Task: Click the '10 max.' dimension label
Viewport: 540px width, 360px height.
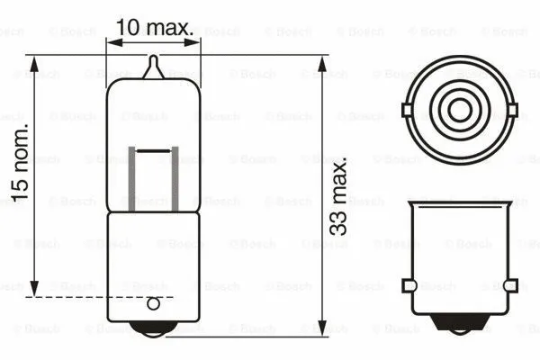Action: point(155,27)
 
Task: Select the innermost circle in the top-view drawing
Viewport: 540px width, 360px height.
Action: point(460,111)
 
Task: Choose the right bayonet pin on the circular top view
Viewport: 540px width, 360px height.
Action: point(514,111)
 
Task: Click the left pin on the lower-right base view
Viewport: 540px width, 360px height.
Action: point(408,286)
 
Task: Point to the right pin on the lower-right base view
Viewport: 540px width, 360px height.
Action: point(511,286)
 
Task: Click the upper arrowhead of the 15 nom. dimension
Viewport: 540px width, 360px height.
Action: point(34,62)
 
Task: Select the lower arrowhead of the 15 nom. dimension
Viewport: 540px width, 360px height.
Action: point(34,289)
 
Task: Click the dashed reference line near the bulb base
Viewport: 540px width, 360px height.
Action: point(99,296)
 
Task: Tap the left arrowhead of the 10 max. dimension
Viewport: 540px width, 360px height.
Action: point(112,40)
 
